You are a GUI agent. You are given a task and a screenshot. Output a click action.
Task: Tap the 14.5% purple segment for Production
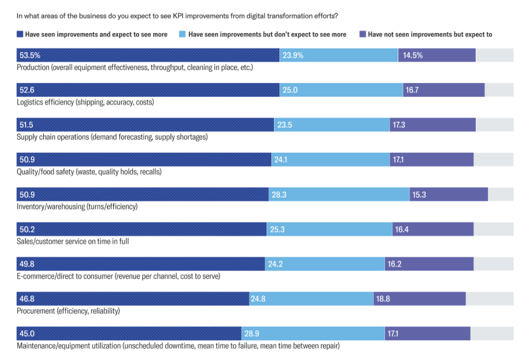pos(436,55)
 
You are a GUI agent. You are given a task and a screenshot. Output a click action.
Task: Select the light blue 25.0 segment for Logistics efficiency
pos(341,90)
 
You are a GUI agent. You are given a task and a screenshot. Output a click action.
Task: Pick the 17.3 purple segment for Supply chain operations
pos(432,125)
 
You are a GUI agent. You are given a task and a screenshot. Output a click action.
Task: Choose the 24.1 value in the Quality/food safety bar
pos(280,160)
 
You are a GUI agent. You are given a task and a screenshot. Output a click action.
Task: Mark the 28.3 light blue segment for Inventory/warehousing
pos(339,194)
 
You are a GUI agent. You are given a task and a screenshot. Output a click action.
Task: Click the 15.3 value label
pos(419,194)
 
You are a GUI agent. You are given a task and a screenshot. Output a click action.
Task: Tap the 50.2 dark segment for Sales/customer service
pos(142,229)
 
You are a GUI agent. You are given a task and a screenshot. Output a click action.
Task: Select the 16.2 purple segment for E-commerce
pos(429,264)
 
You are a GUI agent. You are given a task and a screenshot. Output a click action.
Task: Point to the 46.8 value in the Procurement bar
pos(26,299)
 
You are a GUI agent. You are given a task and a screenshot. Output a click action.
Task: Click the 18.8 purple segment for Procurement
pos(419,299)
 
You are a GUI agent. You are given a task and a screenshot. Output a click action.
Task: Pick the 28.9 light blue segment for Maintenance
pos(313,333)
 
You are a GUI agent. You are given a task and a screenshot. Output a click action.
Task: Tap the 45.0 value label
pos(26,333)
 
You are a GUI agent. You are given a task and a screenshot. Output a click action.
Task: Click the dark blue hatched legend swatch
pos(20,35)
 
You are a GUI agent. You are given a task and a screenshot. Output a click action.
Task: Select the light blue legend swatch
pos(183,35)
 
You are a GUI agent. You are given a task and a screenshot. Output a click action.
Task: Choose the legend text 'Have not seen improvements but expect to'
pos(430,35)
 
